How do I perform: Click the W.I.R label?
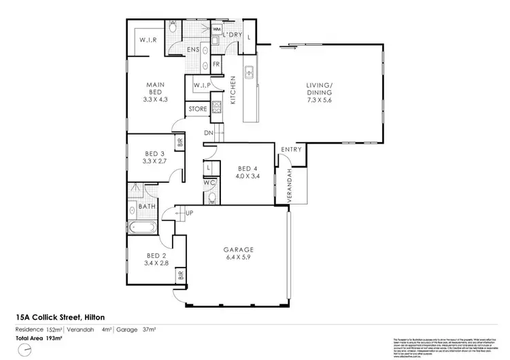point(150,40)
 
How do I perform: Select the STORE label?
point(197,109)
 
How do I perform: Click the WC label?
point(210,183)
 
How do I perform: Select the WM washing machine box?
point(217,30)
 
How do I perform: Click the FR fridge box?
point(216,65)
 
